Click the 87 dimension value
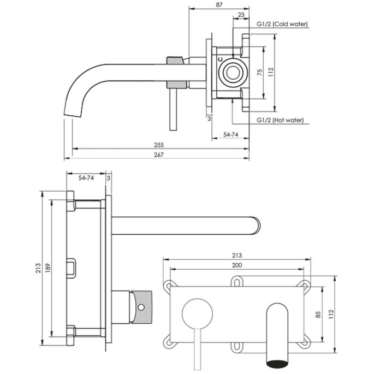219,4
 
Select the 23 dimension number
241,15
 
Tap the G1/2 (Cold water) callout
282,24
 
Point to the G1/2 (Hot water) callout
280,121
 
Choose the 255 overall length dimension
159,145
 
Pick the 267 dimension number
159,155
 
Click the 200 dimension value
238,265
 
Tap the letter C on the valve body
219,59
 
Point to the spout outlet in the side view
72,112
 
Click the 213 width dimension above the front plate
238,255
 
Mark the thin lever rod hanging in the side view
174,112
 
